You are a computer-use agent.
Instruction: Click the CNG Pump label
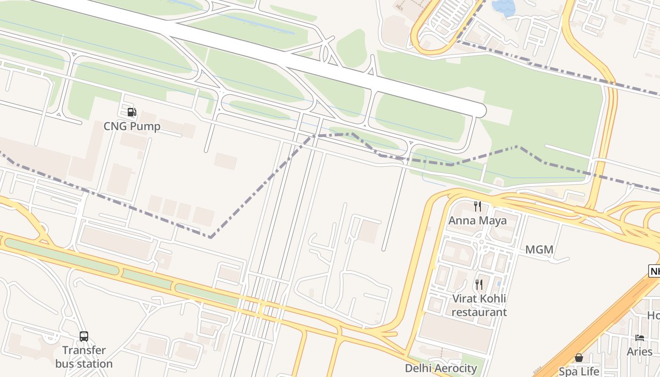coord(132,126)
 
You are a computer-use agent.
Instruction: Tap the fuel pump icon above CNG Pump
coord(132,112)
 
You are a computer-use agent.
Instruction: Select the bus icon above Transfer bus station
coord(84,336)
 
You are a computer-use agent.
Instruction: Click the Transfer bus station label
coord(84,357)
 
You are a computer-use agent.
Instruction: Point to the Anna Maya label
coord(478,221)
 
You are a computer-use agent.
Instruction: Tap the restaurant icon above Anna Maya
coord(478,206)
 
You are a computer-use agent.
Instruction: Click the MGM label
coord(539,250)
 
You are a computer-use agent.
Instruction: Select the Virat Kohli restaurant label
coord(479,305)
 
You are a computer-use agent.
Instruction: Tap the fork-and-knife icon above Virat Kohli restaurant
coord(479,284)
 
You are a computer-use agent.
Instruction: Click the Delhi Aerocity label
coord(441,368)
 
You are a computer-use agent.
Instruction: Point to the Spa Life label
coord(579,371)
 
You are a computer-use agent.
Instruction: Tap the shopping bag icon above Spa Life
coord(579,358)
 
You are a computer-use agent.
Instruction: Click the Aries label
coord(640,352)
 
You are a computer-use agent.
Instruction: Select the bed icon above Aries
coord(640,337)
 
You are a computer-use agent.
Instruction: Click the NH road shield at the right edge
coord(655,271)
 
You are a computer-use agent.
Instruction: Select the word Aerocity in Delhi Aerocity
coord(455,368)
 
